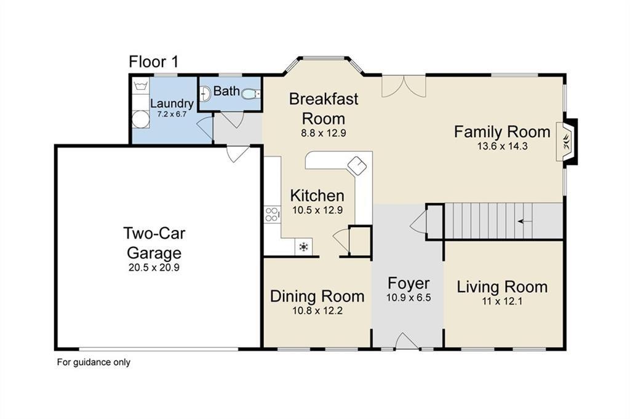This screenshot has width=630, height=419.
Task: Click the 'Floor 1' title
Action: click(153, 62)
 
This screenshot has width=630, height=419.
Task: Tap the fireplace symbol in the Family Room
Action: click(567, 142)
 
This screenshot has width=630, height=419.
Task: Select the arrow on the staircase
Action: click(525, 221)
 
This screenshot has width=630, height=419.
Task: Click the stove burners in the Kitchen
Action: click(272, 214)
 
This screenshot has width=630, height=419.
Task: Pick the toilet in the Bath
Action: click(251, 94)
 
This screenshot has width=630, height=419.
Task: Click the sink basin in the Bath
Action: click(205, 94)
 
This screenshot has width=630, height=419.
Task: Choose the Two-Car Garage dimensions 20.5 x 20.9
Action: click(154, 267)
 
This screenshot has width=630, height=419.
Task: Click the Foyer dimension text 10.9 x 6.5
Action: click(409, 298)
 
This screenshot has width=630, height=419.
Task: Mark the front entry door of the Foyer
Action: click(407, 341)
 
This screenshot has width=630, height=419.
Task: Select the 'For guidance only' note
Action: click(94, 362)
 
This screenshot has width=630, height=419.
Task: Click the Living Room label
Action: click(502, 287)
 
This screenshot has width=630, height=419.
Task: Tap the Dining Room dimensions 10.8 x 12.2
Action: click(317, 311)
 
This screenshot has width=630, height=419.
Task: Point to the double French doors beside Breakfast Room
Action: click(404, 86)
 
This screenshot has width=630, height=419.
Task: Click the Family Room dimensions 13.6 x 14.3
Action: click(502, 146)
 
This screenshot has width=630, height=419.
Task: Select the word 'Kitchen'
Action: click(317, 196)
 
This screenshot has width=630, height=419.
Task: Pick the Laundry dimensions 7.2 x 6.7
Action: click(172, 114)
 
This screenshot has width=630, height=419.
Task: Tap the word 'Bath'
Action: click(226, 91)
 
